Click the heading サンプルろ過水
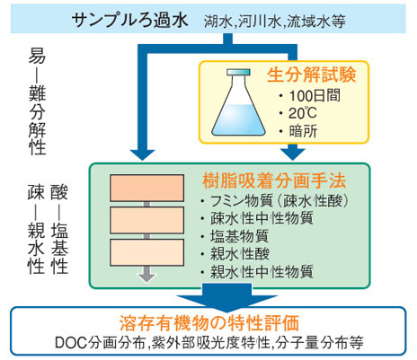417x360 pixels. pos(129,20)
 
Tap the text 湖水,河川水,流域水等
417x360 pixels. pos(275,22)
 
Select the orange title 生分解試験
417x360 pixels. pos(312,75)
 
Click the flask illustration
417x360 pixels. pos(238,102)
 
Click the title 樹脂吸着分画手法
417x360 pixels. pos(274,180)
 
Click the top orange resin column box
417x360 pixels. pos(146,188)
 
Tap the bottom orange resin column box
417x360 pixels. pos(146,252)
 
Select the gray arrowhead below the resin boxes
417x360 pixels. pos(146,277)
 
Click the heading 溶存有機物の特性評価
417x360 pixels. pos(209,323)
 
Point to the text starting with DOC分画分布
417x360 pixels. pos(209,343)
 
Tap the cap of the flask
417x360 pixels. pos(238,72)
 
